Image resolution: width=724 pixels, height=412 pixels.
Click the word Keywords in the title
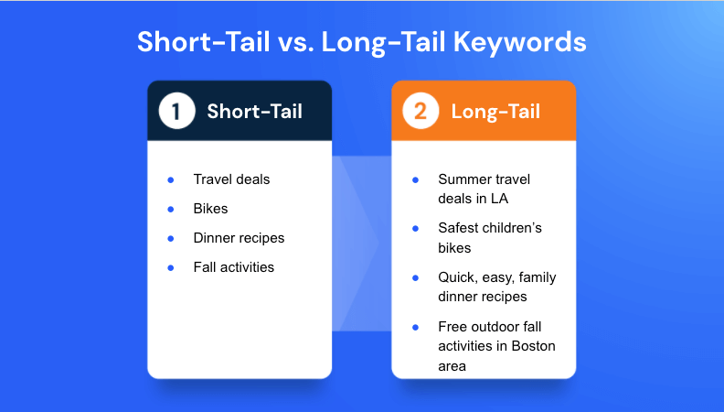[519, 42]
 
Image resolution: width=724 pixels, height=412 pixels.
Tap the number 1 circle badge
[176, 111]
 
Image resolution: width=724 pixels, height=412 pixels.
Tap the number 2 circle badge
[421, 111]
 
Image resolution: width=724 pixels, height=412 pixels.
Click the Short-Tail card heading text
[255, 112]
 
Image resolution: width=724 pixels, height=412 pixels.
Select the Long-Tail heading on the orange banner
[495, 112]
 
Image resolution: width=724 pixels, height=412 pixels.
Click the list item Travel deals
[231, 179]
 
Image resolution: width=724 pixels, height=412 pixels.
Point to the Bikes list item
[210, 209]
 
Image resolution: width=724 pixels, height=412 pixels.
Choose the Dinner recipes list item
[239, 238]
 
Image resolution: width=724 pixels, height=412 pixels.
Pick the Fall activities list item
[234, 267]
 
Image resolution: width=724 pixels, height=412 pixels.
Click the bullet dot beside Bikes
[171, 210]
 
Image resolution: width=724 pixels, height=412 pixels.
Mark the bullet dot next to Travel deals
[171, 179]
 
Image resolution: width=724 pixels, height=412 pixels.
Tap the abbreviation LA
[499, 199]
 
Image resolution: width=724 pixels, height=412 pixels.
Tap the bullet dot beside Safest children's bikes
[416, 228]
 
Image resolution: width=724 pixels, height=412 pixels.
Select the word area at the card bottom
[452, 367]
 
